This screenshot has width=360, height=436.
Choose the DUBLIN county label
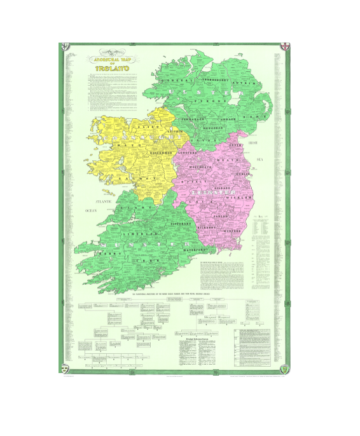tap(242, 174)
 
